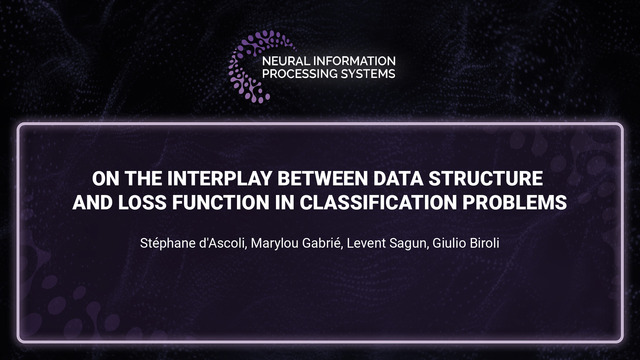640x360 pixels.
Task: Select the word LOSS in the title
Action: [x=146, y=202]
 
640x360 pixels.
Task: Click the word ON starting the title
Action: [x=105, y=179]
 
